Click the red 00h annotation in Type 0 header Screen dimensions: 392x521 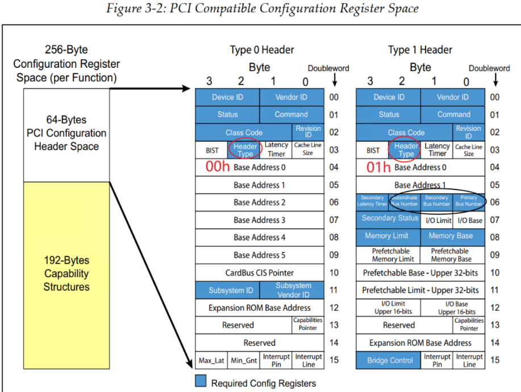point(218,167)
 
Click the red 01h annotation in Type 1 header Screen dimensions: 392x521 point(379,167)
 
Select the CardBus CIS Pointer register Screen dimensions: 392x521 point(260,273)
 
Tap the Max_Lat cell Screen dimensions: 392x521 point(212,360)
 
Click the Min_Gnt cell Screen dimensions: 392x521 point(244,360)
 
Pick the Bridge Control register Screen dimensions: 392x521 point(390,360)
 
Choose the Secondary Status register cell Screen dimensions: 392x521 point(390,219)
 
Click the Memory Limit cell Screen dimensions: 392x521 point(386,236)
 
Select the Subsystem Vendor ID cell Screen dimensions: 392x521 point(293,290)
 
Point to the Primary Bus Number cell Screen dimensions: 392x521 point(469,201)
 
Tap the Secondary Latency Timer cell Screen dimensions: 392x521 point(372,201)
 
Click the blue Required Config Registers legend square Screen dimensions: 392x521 point(201,381)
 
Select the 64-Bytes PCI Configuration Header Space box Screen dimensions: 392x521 point(66,133)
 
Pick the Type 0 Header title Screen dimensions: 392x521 point(262,50)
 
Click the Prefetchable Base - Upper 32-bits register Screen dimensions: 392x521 point(420,273)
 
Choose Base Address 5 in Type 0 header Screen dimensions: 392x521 point(260,255)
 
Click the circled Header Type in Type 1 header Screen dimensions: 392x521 point(406,150)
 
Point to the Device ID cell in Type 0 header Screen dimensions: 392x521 point(227,97)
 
